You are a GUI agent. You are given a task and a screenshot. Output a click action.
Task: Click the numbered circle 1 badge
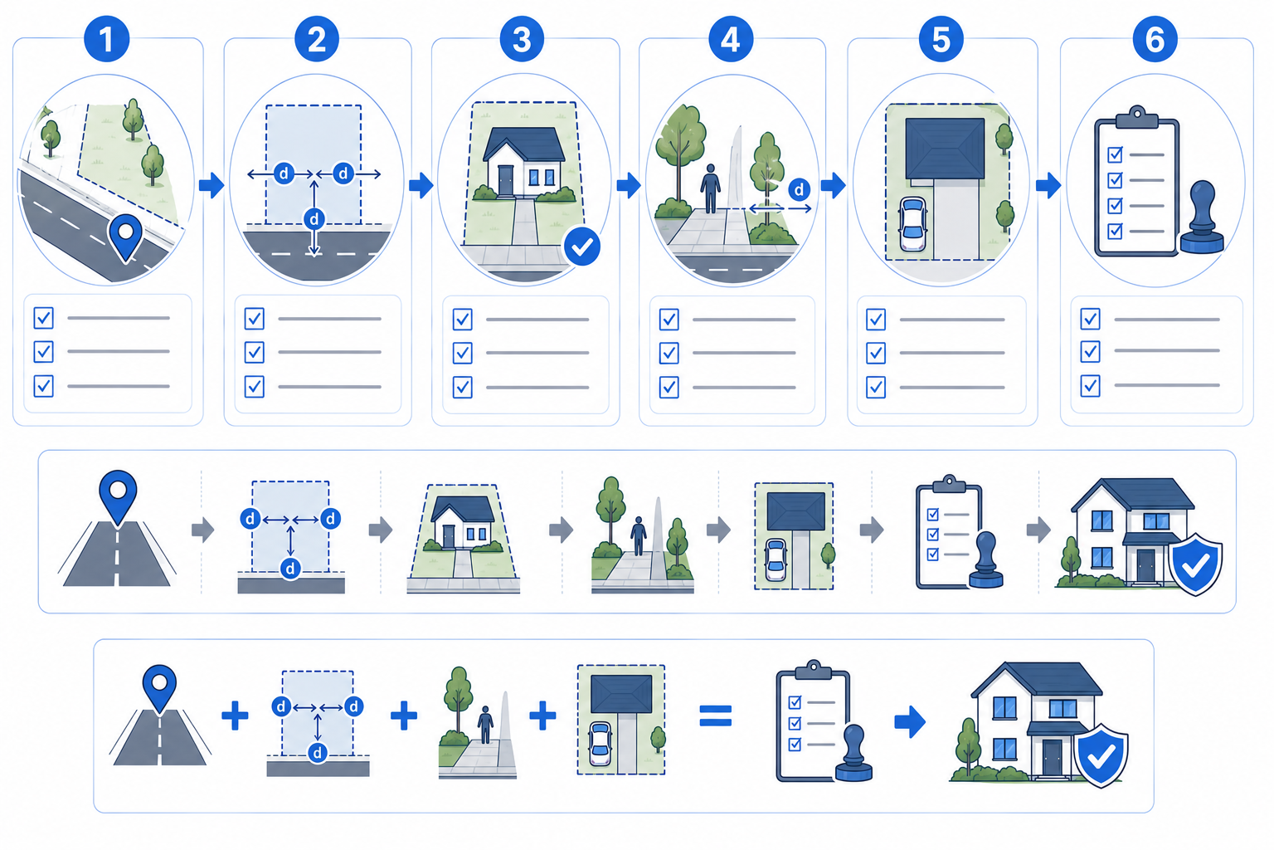106,39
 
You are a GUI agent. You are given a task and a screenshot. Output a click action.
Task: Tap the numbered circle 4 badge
731,39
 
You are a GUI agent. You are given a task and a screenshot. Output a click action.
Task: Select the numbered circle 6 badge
1155,39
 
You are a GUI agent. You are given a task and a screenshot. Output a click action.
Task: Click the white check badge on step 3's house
581,247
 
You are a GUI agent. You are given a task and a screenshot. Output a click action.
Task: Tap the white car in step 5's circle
912,224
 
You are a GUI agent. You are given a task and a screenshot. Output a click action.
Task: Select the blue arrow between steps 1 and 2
212,184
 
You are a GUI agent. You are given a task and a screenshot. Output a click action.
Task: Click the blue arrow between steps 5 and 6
1048,184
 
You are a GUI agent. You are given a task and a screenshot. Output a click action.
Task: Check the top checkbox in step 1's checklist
44,318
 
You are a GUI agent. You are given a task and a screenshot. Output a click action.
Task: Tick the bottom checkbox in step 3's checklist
462,387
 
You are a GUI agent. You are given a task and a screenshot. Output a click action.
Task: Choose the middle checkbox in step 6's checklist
1091,351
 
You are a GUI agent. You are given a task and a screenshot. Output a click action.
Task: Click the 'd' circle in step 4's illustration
799,189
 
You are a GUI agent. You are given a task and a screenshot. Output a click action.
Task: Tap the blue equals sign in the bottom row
716,716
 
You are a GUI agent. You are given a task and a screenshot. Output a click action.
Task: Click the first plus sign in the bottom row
235,716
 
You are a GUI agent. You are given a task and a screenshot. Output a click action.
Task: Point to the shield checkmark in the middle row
1195,564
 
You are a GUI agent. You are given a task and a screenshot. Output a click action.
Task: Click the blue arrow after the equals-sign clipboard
910,721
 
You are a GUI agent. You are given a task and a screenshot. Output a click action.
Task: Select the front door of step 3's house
506,180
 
